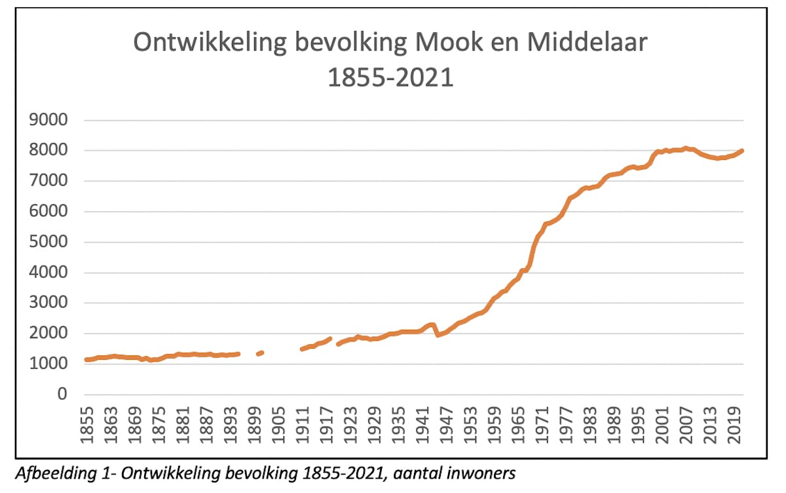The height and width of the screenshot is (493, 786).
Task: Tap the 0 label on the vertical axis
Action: [63, 395]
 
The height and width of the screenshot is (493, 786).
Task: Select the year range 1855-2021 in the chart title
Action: [390, 77]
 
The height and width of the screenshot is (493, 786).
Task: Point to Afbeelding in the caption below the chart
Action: [47, 471]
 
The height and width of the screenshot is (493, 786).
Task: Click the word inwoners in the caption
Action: [485, 471]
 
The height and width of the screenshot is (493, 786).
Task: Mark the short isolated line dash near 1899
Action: [260, 353]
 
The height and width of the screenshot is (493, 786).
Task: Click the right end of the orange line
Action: [741, 151]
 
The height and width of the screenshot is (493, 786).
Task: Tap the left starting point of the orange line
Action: [86, 359]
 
